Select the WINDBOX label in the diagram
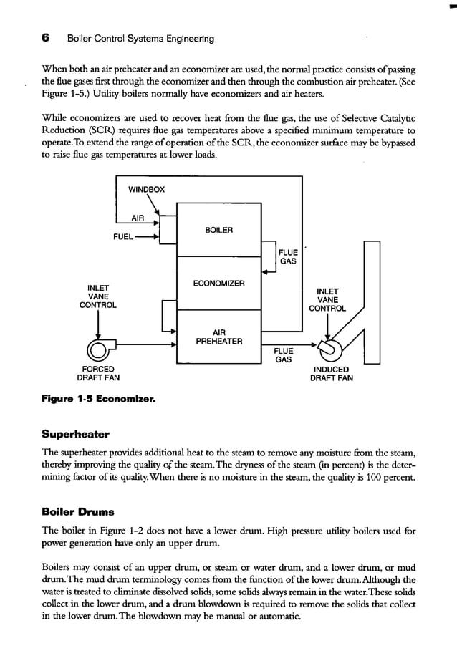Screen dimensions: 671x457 [x=146, y=190]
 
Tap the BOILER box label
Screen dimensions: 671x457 [x=218, y=230]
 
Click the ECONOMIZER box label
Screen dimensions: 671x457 [x=218, y=284]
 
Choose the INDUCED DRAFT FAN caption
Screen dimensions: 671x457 [x=331, y=374]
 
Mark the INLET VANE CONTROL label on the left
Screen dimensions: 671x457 [x=97, y=296]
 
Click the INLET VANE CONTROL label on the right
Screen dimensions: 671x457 [x=327, y=300]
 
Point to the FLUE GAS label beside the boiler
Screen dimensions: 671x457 [x=288, y=257]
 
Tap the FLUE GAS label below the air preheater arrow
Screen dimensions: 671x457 [x=284, y=355]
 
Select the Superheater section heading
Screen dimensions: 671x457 [x=75, y=434]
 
